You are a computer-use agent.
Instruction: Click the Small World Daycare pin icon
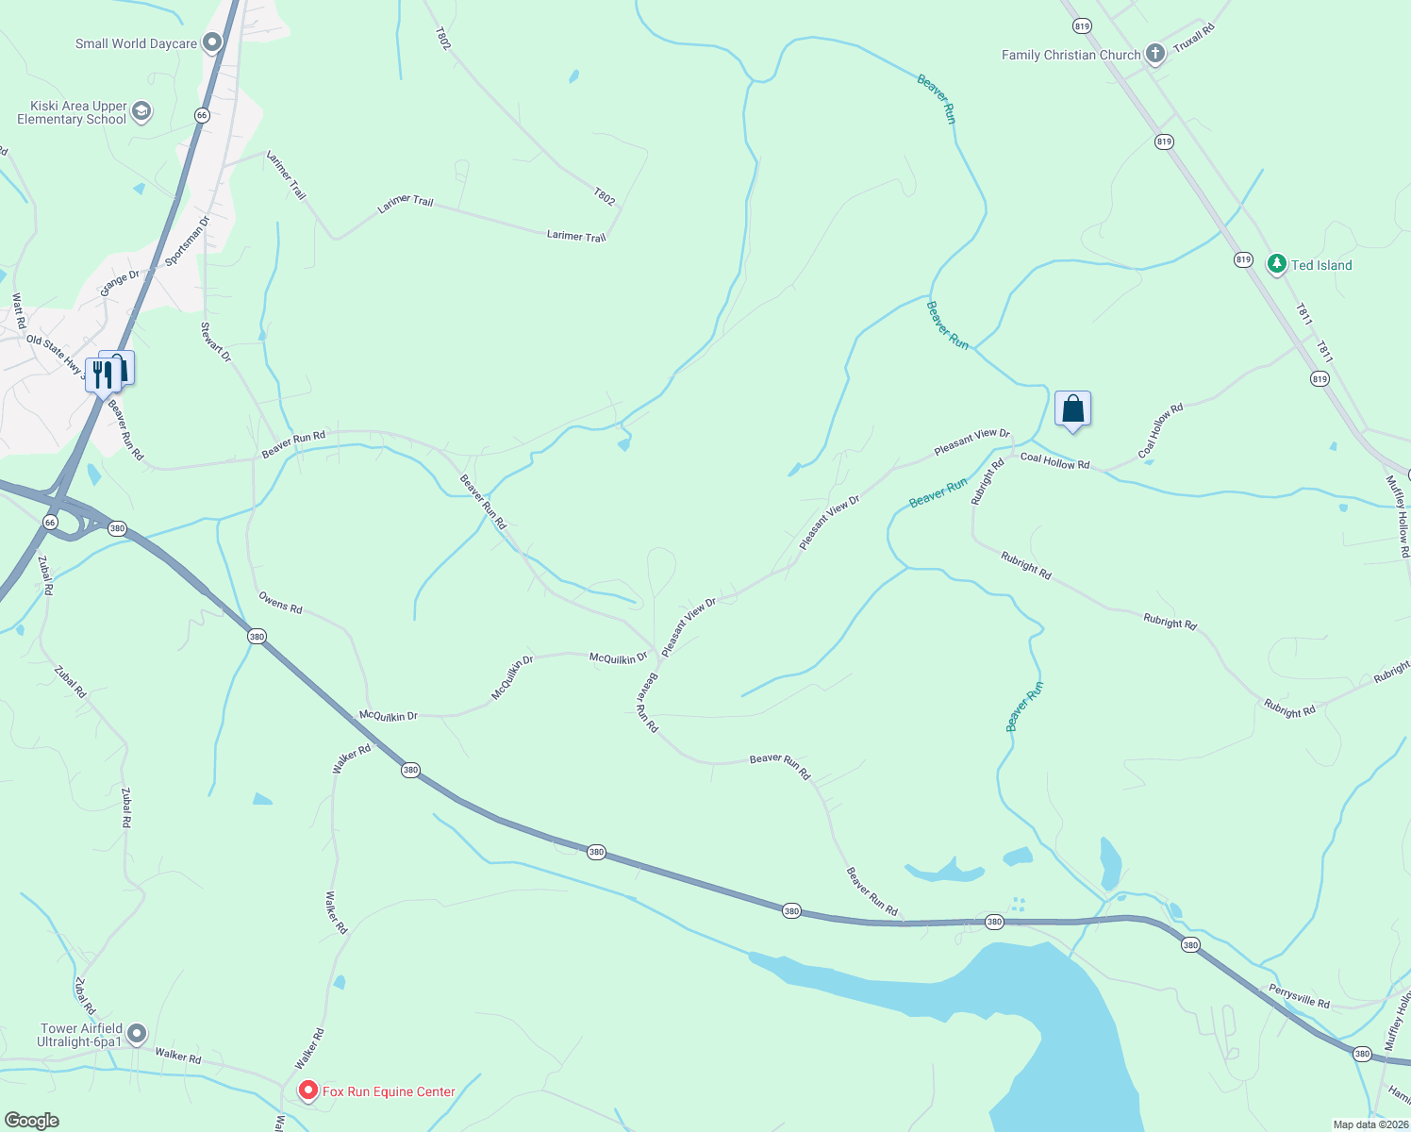click(x=212, y=42)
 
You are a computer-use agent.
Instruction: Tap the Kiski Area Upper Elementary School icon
click(x=141, y=112)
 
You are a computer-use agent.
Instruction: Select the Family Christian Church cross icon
click(x=1154, y=54)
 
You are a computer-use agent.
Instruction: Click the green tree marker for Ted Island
click(x=1276, y=264)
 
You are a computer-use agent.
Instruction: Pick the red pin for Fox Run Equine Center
click(x=307, y=1090)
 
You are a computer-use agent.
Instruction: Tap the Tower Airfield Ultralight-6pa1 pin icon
click(x=137, y=1034)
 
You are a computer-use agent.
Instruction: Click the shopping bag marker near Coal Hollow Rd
click(x=1072, y=409)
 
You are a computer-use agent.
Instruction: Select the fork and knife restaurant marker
click(x=102, y=375)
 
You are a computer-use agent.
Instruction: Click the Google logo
click(x=31, y=1121)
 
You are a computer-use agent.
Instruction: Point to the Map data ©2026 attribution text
click(x=1369, y=1124)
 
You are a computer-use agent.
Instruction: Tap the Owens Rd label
click(x=280, y=603)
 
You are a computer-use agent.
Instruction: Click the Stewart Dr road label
click(x=215, y=341)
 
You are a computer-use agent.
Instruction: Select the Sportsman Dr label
click(x=187, y=241)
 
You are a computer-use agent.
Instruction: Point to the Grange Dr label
click(x=120, y=282)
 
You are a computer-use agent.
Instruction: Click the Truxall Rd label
click(x=1193, y=39)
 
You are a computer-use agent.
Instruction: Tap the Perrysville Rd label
click(x=1299, y=996)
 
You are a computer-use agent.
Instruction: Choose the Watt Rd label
click(x=19, y=311)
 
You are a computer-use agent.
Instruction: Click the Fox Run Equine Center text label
click(x=389, y=1091)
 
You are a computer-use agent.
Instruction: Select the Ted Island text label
click(x=1321, y=265)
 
